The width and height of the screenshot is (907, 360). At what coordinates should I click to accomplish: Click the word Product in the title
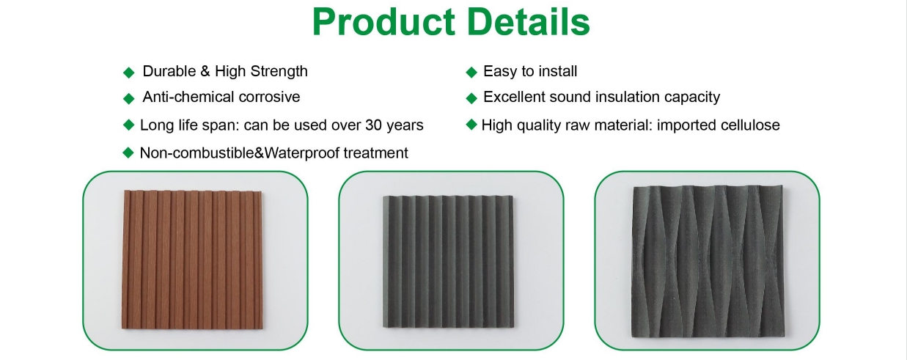[384, 22]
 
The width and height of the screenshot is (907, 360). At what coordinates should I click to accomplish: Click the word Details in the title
[529, 22]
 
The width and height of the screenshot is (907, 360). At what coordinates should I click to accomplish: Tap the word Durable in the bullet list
[169, 71]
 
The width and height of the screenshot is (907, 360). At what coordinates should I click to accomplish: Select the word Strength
[279, 71]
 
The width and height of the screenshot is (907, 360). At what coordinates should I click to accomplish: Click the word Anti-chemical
[188, 97]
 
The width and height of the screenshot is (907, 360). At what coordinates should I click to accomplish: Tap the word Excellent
[512, 97]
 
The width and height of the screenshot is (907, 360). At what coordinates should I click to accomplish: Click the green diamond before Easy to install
[471, 73]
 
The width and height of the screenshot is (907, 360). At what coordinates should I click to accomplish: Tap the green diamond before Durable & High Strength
[129, 73]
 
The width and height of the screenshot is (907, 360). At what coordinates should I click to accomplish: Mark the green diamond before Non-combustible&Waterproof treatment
[128, 153]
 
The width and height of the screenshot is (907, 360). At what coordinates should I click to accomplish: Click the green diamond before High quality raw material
[471, 125]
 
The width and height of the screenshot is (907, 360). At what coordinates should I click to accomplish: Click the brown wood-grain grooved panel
[192, 259]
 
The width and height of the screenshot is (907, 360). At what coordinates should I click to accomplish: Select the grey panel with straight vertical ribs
[448, 261]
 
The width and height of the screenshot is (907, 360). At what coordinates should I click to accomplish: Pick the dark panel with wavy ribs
[708, 261]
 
